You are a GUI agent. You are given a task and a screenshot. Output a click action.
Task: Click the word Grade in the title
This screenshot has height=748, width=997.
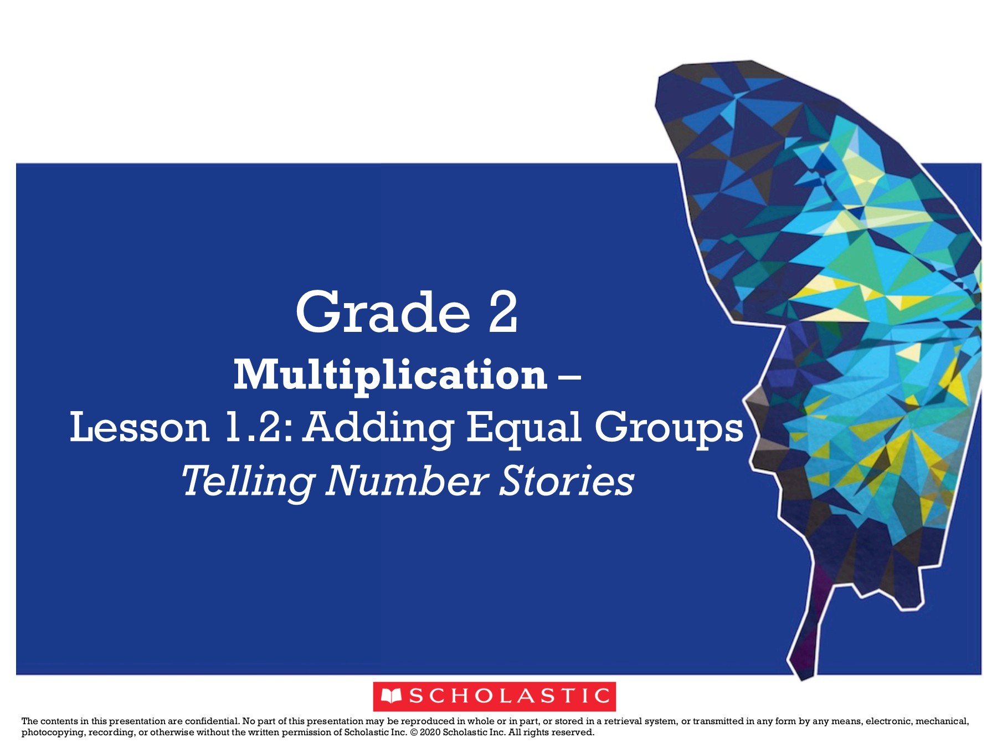pos(383,312)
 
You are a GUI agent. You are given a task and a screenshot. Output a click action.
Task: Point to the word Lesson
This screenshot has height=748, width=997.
pos(140,427)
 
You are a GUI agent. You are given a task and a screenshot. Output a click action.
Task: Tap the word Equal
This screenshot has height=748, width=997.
pos(525,429)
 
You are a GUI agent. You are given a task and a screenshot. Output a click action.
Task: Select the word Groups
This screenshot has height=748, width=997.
pos(669,429)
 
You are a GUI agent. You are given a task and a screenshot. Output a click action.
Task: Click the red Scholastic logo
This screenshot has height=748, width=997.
pos(494,696)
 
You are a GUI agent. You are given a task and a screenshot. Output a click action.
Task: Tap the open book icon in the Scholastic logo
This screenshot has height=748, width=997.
pos(392,696)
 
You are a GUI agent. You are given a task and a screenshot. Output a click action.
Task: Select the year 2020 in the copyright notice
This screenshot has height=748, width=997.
pos(430,732)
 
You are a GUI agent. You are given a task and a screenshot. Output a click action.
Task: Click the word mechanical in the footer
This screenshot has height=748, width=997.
pos(942,721)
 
